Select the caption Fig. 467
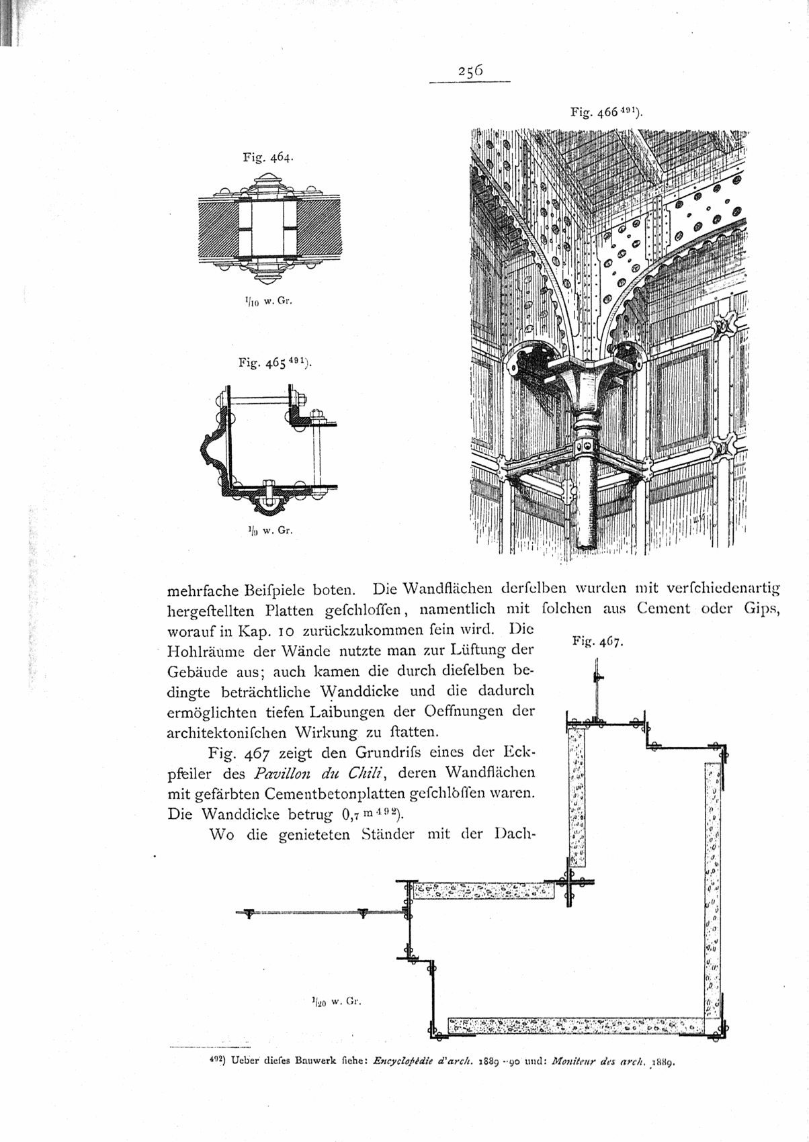pyautogui.click(x=597, y=643)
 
